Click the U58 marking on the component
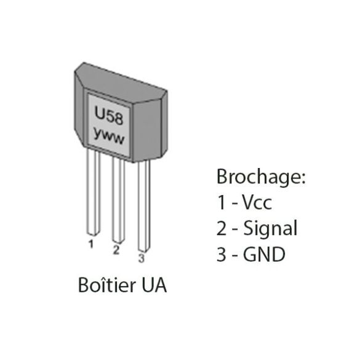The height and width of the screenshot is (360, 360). tap(109, 116)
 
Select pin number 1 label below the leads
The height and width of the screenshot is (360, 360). tap(91, 244)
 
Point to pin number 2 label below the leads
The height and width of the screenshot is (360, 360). tap(116, 250)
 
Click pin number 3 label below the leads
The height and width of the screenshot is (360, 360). tap(142, 258)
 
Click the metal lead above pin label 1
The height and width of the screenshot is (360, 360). tap(94, 193)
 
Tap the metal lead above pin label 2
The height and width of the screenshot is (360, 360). tap(119, 200)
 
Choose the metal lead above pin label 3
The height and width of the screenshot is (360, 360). tap(144, 206)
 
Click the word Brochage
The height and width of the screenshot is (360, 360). tap(258, 177)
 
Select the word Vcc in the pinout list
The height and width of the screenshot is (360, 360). tap(257, 202)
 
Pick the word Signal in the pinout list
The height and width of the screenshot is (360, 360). tap(270, 228)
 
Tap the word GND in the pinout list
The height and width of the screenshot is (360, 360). tap(264, 254)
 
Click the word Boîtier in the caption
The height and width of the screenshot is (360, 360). tap(107, 285)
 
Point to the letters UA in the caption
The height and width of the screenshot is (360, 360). tap(154, 285)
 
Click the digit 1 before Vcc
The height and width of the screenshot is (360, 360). tap(222, 202)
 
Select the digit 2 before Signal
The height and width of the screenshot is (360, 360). tap(222, 228)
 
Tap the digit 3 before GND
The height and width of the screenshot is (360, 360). tap(222, 254)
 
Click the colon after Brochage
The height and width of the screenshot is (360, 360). tap(303, 178)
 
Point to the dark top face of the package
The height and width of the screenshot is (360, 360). tap(121, 84)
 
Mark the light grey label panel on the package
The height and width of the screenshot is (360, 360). tap(109, 125)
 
